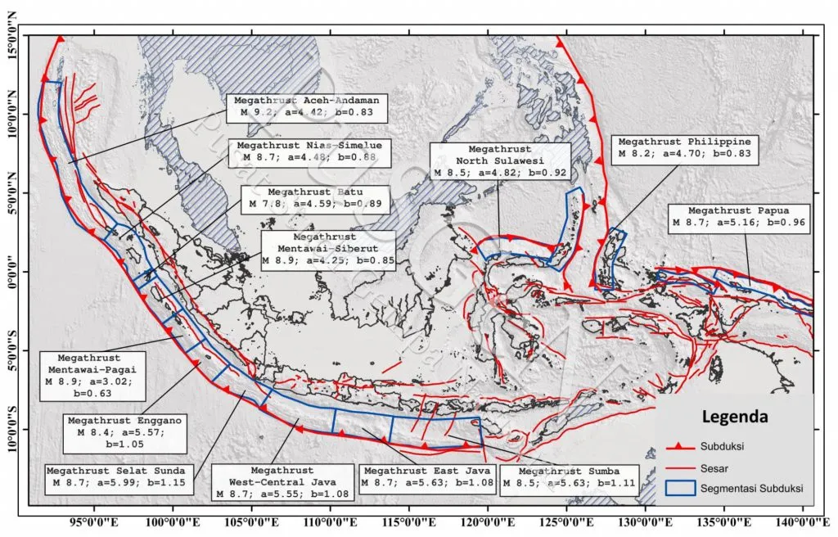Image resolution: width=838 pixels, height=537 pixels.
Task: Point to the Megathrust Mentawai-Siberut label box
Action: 328,250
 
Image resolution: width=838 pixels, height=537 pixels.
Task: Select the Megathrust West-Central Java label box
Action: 282,482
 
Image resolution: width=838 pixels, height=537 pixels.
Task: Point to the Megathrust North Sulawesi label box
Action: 500,161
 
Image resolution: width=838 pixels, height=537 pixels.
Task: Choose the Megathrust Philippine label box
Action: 684,147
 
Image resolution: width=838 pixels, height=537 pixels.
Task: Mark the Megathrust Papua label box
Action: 739,216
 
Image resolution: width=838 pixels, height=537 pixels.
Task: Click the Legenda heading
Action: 735,417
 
